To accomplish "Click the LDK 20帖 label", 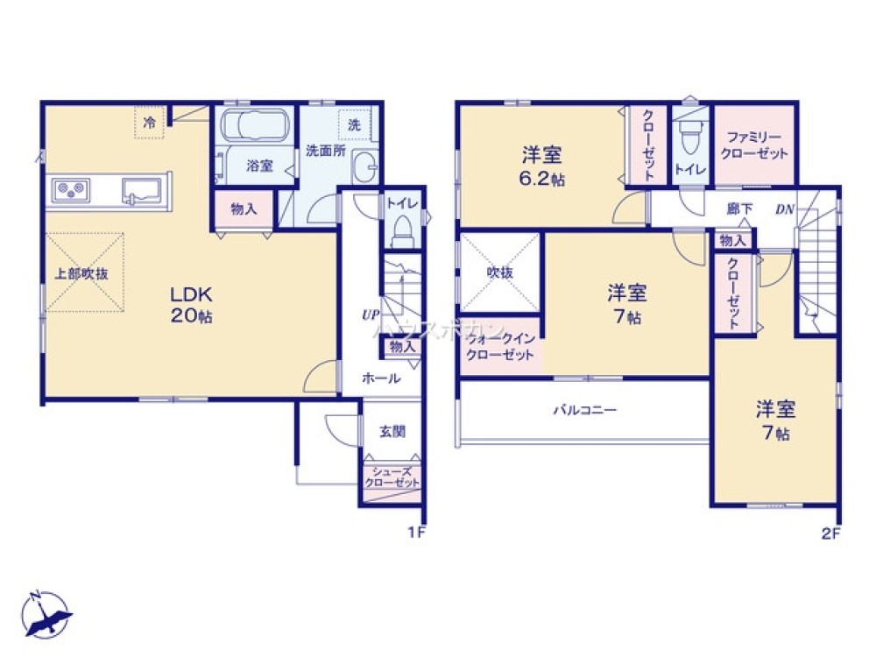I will point(192,303).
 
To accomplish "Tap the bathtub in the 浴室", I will point(256,125).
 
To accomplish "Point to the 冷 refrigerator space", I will point(150,123).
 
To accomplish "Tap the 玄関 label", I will point(392,431).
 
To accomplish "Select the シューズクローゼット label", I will point(392,477).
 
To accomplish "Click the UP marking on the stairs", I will point(371,313).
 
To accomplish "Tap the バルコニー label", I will point(584,409).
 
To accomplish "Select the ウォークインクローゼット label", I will point(501,348).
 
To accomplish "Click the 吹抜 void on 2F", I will point(501,272).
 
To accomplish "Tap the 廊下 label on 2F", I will point(739,210).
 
